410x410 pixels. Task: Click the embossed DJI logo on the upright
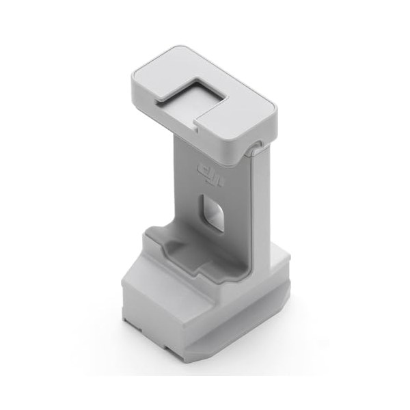click(x=210, y=176)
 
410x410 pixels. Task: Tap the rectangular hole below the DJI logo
click(x=213, y=212)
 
